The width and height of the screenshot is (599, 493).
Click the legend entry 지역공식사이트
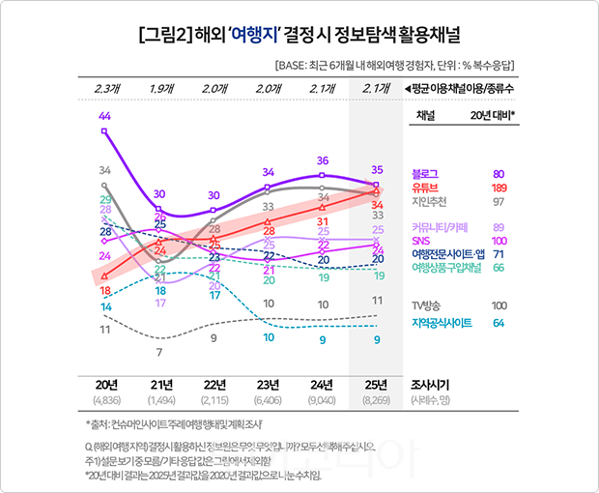point(442,323)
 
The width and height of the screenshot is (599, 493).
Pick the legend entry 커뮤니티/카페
point(440,227)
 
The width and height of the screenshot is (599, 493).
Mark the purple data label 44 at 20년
point(104,116)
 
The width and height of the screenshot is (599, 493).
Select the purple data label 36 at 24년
point(323,160)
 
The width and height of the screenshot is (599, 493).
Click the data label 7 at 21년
point(159,352)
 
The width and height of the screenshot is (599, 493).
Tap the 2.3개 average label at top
point(107,89)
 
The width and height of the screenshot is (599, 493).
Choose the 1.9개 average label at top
point(161,89)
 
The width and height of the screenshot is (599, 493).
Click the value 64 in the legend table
point(499,323)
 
